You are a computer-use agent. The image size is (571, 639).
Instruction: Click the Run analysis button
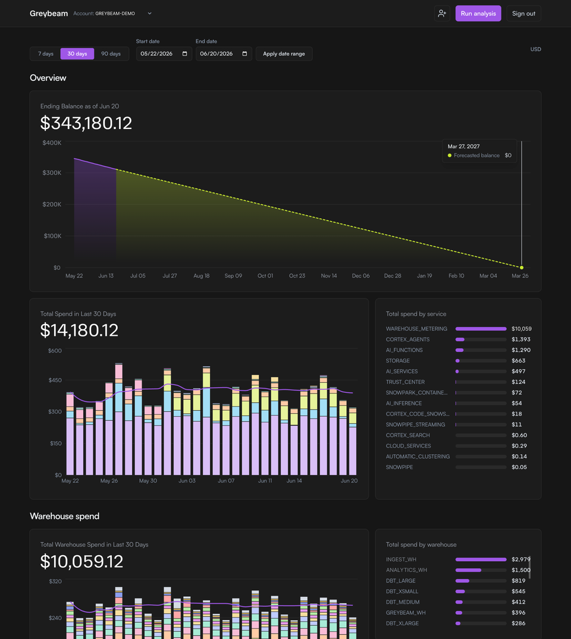pos(478,14)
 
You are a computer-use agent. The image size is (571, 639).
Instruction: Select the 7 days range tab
pos(46,53)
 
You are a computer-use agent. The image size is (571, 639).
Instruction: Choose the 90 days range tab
pos(111,53)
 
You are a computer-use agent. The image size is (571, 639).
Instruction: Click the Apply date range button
pos(284,53)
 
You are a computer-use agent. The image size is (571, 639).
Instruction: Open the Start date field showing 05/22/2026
pos(164,53)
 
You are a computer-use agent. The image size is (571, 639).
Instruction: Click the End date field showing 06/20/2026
pos(224,53)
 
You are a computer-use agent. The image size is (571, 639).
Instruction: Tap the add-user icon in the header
pos(442,14)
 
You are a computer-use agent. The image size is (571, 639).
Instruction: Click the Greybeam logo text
pos(49,14)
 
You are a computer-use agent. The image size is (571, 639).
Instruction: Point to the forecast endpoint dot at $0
pos(522,267)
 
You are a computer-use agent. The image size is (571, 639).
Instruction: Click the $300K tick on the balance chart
pos(52,173)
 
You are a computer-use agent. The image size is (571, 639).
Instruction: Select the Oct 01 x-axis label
pos(265,276)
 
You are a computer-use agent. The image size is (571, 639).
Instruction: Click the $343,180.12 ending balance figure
pos(86,123)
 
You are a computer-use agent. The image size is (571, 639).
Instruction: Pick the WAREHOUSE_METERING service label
pos(416,329)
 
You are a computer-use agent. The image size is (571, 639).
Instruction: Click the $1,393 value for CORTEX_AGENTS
pos(521,339)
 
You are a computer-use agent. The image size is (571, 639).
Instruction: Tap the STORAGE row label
pos(398,361)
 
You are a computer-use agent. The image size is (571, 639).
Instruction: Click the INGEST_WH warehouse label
pos(401,559)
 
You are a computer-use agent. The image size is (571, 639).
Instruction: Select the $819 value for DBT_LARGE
pos(519,581)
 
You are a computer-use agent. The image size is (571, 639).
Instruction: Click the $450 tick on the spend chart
pos(55,380)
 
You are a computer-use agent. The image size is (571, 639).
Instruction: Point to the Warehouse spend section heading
pos(64,517)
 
